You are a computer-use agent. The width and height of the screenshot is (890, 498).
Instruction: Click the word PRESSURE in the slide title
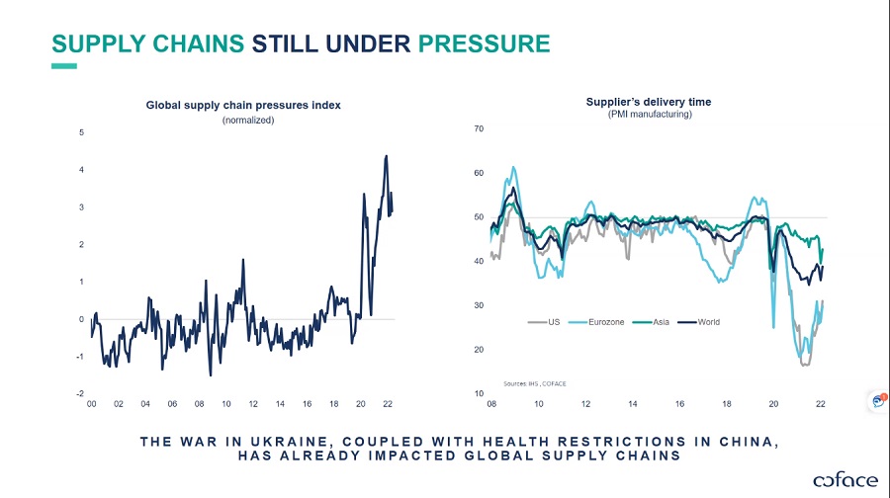484,43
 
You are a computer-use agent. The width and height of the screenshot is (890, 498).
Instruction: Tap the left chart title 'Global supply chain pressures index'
243,105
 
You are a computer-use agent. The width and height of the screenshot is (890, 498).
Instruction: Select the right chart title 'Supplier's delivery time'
648,102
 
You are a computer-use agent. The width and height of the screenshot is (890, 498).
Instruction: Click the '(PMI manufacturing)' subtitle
650,115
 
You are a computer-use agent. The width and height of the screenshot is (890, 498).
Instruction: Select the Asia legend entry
662,322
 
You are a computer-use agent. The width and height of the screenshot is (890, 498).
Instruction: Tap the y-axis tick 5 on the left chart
81,132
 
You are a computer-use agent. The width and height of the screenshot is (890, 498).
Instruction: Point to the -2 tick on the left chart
80,393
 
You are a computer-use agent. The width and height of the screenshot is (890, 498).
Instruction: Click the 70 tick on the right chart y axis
479,128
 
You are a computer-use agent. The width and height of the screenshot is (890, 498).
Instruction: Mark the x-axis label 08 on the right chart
491,404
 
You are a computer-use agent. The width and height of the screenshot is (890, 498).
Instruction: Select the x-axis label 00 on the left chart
91,404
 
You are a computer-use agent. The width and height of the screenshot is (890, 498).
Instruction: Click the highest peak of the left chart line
386,156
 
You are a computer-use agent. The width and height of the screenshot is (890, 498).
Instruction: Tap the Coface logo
845,480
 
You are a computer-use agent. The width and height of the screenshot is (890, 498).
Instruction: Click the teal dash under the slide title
64,67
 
